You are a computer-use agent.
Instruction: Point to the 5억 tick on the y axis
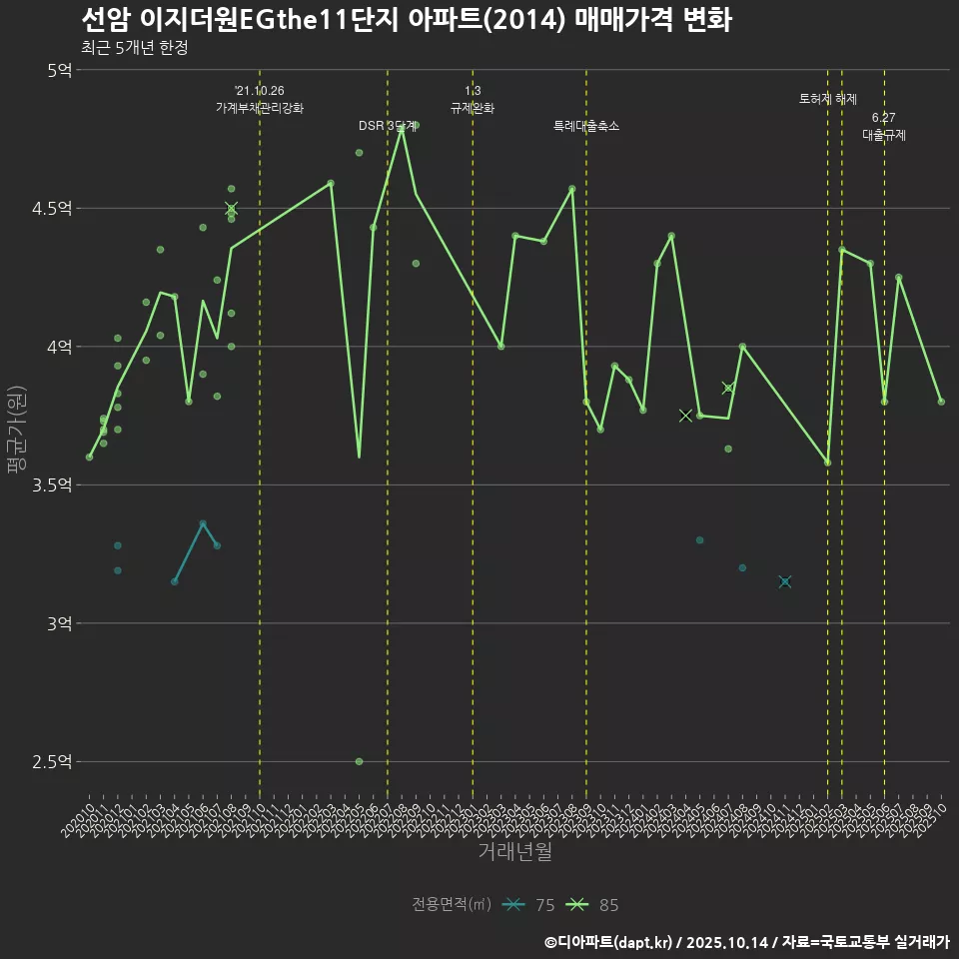point(58,70)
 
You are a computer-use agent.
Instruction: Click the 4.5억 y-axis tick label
point(52,209)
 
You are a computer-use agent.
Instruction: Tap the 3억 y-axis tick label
point(58,623)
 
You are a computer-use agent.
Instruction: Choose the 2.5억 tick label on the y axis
point(52,762)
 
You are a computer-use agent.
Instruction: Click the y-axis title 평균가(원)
point(17,430)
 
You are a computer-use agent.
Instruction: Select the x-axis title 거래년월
point(514,852)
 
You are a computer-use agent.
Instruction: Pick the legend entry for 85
point(592,905)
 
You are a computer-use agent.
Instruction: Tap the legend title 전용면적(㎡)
point(452,905)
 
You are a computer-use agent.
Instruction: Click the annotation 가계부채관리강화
point(260,108)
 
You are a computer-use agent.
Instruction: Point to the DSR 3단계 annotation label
point(388,126)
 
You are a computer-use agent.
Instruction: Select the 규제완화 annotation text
point(473,108)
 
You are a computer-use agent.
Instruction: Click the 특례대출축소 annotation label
point(586,126)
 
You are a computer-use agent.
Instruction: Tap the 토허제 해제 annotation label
point(828,99)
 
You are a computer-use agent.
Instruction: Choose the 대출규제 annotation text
point(884,135)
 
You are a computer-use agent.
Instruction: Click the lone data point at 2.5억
point(359,761)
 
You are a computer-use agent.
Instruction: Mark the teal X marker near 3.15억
point(785,581)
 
